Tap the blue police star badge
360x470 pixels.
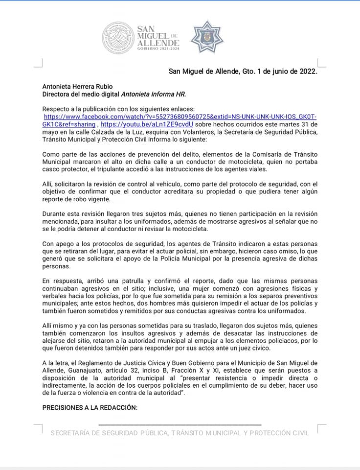pyautogui.click(x=206, y=36)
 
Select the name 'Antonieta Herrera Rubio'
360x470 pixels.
pyautogui.click(x=77, y=87)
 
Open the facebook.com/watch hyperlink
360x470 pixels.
pyautogui.click(x=180, y=117)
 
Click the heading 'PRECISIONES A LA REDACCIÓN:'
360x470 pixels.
pyautogui.click(x=90, y=408)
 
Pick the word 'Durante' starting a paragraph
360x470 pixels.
pyautogui.click(x=54, y=213)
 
